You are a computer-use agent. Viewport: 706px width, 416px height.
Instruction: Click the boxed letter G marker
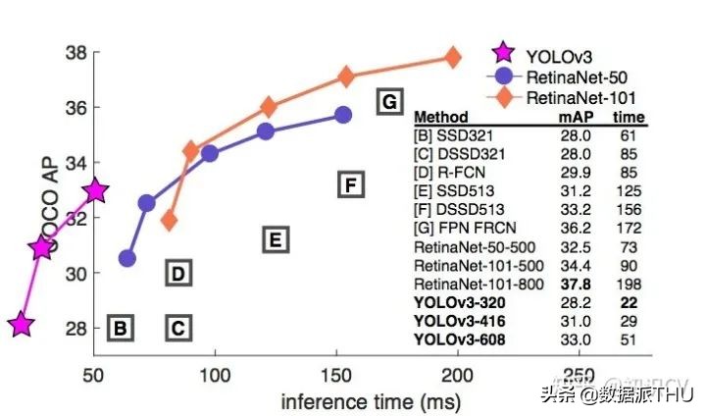coord(389,101)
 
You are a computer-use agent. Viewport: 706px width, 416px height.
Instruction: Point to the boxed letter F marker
coord(350,183)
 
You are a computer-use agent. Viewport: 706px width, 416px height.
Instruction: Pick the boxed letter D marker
coord(177,274)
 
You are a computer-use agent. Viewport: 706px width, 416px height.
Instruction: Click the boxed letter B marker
coord(120,329)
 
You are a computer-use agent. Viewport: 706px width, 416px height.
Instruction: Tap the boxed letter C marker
coord(177,329)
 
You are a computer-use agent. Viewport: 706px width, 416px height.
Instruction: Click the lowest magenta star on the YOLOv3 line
coord(22,325)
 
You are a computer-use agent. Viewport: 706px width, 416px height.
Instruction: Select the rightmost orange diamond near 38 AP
coord(452,57)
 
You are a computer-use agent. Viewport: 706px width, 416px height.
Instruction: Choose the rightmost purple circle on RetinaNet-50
coord(343,115)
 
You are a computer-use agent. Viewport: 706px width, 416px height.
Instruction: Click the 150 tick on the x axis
coord(336,376)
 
